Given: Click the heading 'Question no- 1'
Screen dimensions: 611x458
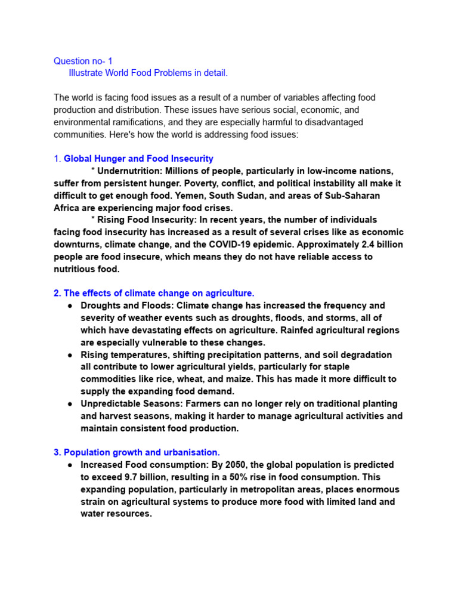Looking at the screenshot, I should coord(83,61).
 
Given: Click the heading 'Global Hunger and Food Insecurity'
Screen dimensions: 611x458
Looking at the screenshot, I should coord(138,159).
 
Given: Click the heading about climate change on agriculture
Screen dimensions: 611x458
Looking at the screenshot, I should coord(159,293).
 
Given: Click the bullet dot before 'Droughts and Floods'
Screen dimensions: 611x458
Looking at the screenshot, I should coord(70,305).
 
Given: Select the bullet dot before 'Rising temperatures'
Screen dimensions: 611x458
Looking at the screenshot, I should coord(70,355).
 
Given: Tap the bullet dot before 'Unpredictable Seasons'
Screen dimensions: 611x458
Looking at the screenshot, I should coord(70,404).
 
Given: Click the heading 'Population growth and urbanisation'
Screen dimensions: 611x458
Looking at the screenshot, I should coord(141,452).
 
